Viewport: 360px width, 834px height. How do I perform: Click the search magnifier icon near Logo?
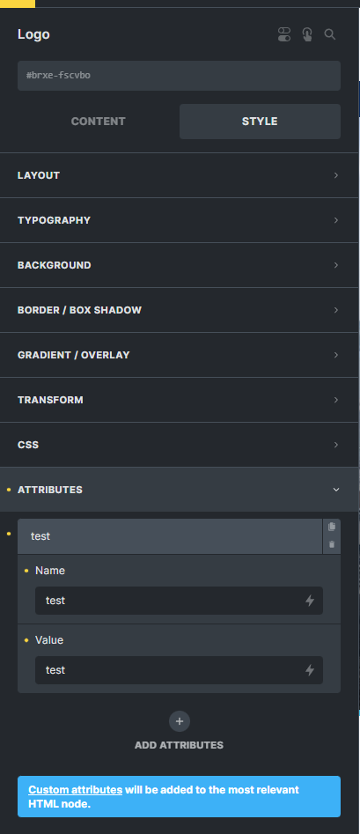(x=330, y=34)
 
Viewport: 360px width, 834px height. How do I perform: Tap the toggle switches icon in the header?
(x=284, y=34)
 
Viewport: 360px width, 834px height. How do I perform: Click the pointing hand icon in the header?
(x=307, y=34)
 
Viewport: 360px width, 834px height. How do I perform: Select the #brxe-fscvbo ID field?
(x=180, y=76)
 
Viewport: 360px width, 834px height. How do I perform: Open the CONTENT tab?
(x=99, y=122)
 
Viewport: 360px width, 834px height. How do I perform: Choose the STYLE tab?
(x=260, y=122)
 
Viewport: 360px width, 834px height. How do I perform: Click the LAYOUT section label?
(x=39, y=175)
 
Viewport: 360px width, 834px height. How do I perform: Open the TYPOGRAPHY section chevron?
(x=336, y=220)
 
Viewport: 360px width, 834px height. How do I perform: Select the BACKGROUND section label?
(x=55, y=265)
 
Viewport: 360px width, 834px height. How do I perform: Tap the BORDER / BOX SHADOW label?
(x=80, y=310)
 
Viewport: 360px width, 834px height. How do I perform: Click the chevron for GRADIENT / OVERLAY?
(x=336, y=355)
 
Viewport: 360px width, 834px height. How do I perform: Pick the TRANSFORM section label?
(x=50, y=400)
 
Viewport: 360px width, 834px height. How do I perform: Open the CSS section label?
(x=28, y=445)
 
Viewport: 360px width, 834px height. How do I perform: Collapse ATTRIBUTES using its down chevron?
(x=336, y=490)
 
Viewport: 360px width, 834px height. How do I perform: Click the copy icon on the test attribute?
(x=332, y=527)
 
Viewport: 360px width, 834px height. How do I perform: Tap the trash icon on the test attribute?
(x=332, y=544)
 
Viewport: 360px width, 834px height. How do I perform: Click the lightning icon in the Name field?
(x=310, y=601)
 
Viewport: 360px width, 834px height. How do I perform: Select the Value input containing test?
(x=180, y=670)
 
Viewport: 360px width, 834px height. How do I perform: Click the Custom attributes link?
(x=76, y=790)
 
